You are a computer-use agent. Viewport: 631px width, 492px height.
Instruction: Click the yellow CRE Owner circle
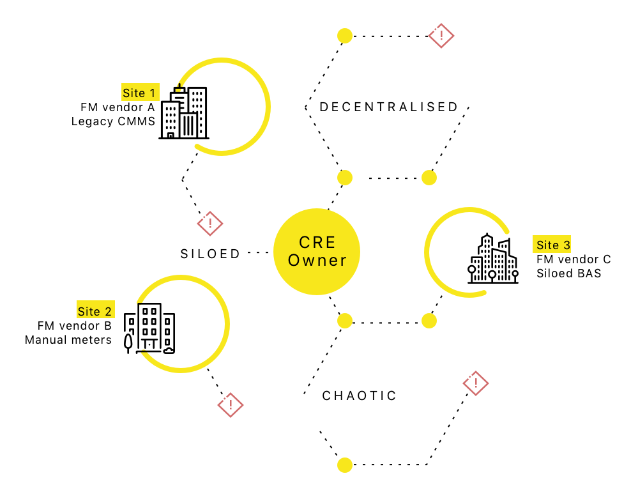[x=317, y=252]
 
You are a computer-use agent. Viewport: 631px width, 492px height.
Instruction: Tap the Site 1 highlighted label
[x=141, y=92]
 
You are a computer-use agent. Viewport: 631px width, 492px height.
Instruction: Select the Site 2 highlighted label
[x=96, y=310]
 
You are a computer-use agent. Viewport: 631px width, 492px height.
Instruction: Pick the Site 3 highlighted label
[x=552, y=244]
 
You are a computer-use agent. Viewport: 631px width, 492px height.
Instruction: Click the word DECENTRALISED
[x=389, y=107]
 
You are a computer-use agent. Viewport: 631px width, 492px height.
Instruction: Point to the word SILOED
[x=210, y=254]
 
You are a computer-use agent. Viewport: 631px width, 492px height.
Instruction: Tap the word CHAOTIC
[x=360, y=396]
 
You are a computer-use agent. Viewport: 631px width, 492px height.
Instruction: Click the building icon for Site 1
[x=183, y=112]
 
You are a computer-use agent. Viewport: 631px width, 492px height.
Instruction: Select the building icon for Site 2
[x=149, y=328]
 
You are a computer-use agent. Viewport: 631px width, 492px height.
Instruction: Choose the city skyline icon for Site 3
[x=493, y=259]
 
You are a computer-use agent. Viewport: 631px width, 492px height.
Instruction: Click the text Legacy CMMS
[x=113, y=121]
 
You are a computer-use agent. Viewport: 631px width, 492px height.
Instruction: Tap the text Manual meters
[x=68, y=340]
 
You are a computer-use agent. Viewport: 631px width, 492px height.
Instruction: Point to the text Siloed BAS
[x=568, y=273]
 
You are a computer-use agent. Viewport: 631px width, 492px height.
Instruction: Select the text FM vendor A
[x=118, y=107]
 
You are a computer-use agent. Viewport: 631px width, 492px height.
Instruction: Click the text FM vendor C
[x=574, y=259]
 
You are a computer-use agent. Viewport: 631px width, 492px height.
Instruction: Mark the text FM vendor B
[x=75, y=325]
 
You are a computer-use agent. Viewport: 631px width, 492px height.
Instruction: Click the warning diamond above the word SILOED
[x=210, y=224]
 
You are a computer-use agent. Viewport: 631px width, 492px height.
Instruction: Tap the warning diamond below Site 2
[x=231, y=404]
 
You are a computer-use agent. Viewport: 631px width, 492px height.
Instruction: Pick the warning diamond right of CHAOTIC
[x=476, y=383]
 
